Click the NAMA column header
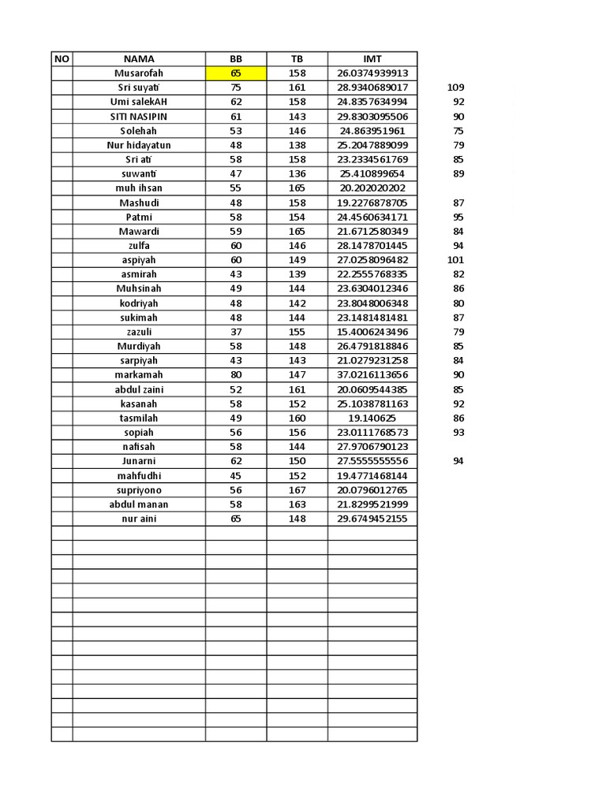[x=139, y=59]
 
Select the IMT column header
[x=372, y=59]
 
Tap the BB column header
[x=236, y=59]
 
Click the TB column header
[x=297, y=59]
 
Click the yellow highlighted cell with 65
[x=236, y=73]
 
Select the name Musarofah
[x=139, y=73]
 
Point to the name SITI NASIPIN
[x=139, y=117]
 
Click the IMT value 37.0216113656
[x=372, y=375]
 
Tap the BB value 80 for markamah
[x=236, y=375]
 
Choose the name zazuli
[x=139, y=332]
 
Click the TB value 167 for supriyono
[x=297, y=490]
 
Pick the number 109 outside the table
[x=456, y=87]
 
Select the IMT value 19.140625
[x=372, y=418]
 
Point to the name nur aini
[x=139, y=519]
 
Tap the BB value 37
[x=236, y=332]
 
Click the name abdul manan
[x=139, y=504]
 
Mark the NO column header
[x=62, y=59]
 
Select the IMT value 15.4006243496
[x=372, y=332]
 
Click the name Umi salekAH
[x=139, y=102]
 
